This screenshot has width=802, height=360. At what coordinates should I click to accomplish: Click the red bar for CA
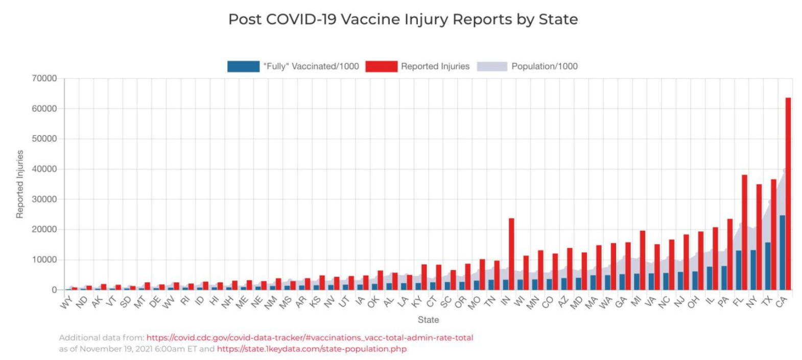coord(788,194)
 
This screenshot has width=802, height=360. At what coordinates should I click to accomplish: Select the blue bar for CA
coord(782,253)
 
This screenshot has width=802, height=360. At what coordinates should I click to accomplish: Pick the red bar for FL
coord(744,232)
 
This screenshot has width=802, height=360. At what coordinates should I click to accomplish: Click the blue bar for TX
coord(768,266)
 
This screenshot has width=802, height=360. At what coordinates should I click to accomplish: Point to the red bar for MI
coord(643,260)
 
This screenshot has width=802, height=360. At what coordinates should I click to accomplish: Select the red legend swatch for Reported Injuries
coord(381,66)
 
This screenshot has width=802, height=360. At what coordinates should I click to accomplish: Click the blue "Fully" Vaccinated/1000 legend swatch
coord(243,66)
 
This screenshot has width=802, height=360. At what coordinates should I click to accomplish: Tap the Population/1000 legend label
coord(544,66)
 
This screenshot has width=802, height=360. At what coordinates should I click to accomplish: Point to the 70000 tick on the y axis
coord(44,79)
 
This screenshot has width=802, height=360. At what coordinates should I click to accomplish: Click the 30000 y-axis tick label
coord(44,200)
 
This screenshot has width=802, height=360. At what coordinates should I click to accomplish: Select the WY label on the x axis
coord(66,303)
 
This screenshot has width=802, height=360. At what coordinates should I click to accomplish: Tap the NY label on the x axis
coord(751,302)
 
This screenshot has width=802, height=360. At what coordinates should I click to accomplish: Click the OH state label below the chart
coord(693,302)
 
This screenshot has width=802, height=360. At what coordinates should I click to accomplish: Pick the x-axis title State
coord(428,320)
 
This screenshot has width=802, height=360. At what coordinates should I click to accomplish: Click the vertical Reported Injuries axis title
coord(20,184)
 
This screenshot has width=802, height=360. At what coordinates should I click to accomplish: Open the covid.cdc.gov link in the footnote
coord(310,338)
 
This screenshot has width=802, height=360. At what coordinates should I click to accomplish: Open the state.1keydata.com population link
coord(312,349)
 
